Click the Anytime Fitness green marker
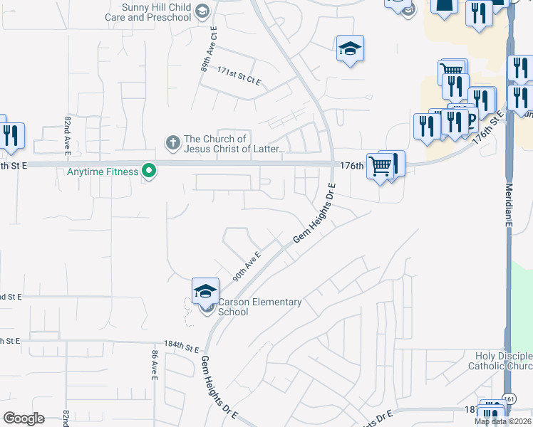tap(149, 172)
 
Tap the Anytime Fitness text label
tap(102, 172)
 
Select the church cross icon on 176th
tap(172, 143)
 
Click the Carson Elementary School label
tap(259, 307)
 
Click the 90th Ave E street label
tap(247, 267)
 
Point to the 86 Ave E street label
tap(154, 364)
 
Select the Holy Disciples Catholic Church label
tap(503, 361)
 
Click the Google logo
tap(24, 418)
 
